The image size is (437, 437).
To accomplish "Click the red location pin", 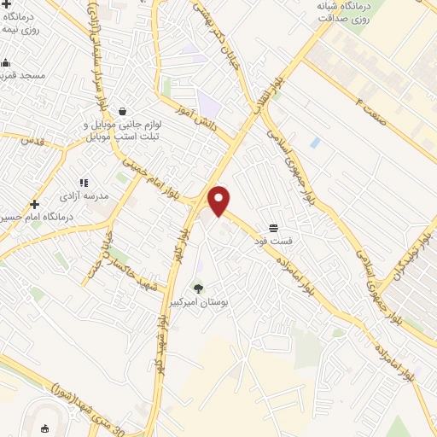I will (219, 201).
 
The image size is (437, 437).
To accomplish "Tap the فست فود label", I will (272, 241).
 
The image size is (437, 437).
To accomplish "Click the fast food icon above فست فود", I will (272, 228).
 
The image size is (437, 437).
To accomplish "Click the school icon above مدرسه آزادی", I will (84, 183).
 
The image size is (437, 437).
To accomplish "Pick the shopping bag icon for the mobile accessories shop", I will (123, 111).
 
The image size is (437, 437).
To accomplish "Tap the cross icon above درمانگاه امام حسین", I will (34, 204).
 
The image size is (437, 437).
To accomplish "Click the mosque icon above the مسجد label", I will (5, 62).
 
